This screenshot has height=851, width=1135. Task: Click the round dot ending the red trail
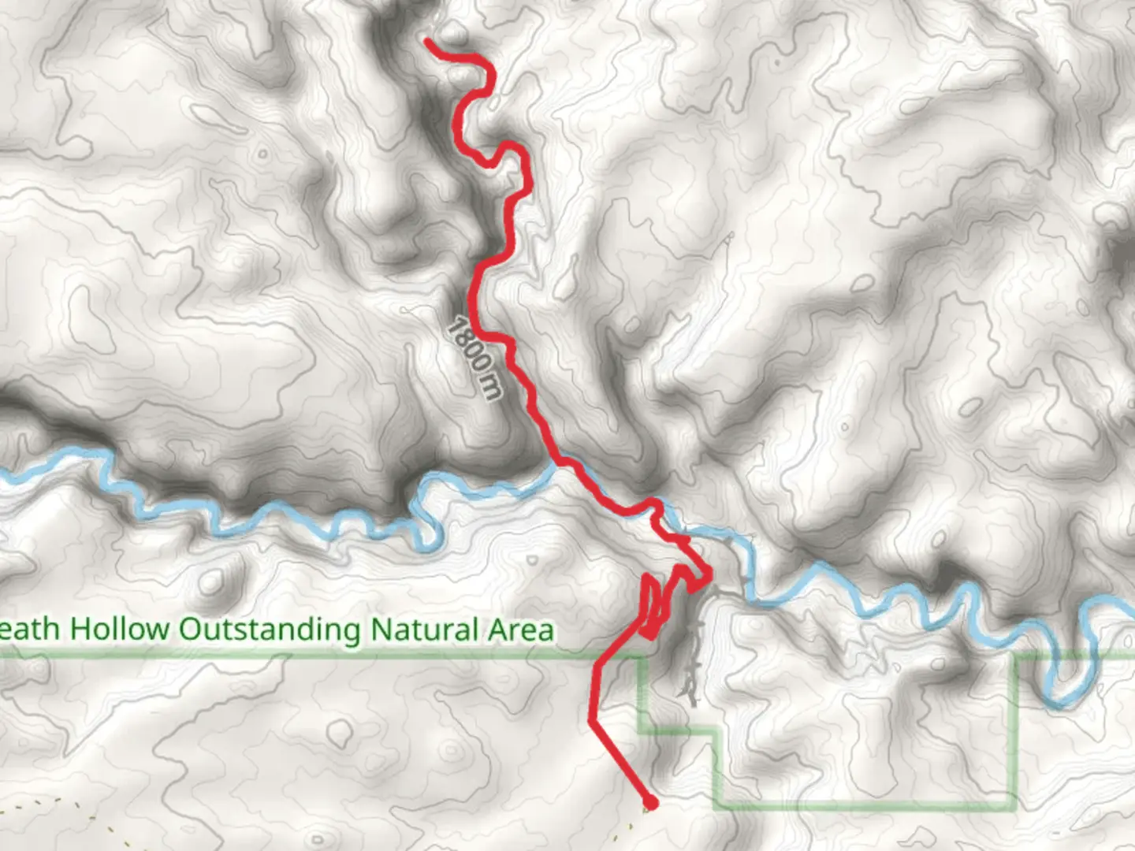650,804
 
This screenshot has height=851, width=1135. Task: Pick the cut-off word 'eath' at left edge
30,630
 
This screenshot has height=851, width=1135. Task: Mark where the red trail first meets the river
561,463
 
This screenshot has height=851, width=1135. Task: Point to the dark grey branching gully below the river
692,654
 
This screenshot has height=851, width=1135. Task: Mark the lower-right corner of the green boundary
1014,804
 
